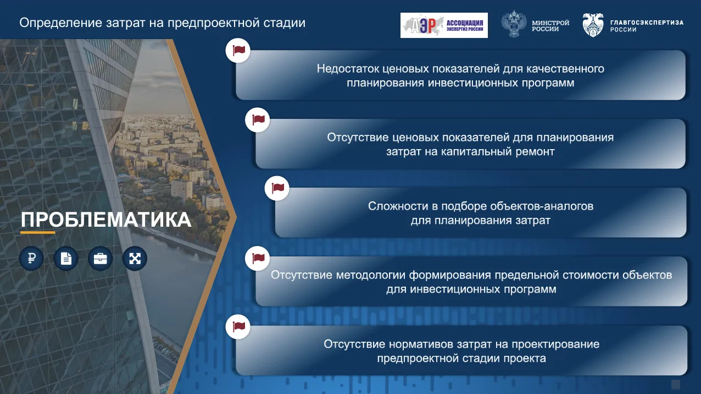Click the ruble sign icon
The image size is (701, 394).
[31, 259]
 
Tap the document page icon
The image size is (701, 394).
[66, 259]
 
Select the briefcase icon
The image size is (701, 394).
[101, 259]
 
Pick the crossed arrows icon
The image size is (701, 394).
[135, 259]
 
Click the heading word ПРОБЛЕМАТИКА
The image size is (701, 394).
[106, 220]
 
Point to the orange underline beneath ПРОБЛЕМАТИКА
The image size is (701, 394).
[37, 233]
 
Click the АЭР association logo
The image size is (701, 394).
[444, 25]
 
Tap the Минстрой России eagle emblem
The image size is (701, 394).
[514, 24]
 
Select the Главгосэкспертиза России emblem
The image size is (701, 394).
[593, 25]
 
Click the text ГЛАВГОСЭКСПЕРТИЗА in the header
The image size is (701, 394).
[647, 23]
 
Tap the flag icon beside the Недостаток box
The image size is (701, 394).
[238, 51]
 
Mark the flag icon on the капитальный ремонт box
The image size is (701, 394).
[258, 120]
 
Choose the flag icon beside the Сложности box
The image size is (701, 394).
[277, 188]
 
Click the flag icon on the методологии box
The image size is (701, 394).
[258, 258]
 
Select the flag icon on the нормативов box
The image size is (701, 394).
[238, 327]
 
